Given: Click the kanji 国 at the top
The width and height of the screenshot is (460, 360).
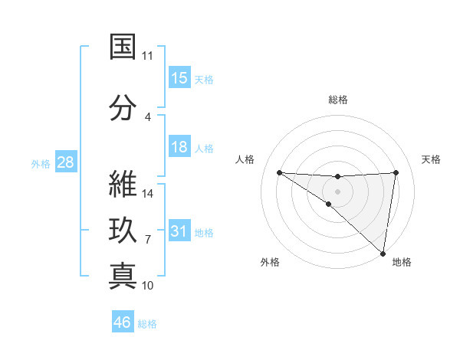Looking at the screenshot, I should [123, 47].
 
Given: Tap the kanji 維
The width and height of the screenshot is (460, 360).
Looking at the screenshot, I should [123, 185].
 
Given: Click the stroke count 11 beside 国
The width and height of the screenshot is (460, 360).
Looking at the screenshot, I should [148, 56].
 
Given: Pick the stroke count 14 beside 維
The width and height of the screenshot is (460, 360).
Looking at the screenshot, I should [148, 194].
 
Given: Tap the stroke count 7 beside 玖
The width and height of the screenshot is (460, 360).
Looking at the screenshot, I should [148, 240].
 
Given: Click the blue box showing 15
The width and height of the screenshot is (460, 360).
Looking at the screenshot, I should [179, 78].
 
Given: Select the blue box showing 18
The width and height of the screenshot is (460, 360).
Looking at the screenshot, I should [179, 147].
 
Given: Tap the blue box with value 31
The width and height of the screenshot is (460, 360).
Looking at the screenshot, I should [179, 231].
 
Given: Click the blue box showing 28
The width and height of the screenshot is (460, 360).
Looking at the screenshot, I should [65, 162].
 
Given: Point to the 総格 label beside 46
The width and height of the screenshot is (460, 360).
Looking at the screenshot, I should [148, 324].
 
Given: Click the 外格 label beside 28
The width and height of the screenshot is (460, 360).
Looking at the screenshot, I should [41, 163].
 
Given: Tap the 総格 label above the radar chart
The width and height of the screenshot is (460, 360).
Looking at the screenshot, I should [338, 100].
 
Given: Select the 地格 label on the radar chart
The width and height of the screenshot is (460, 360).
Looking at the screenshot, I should [402, 263].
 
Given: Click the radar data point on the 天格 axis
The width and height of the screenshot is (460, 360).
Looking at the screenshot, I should [396, 172].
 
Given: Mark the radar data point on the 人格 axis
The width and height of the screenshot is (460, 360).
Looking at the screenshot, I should [279, 172].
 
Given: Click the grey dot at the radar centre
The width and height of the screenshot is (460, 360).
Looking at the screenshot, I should [338, 190].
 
